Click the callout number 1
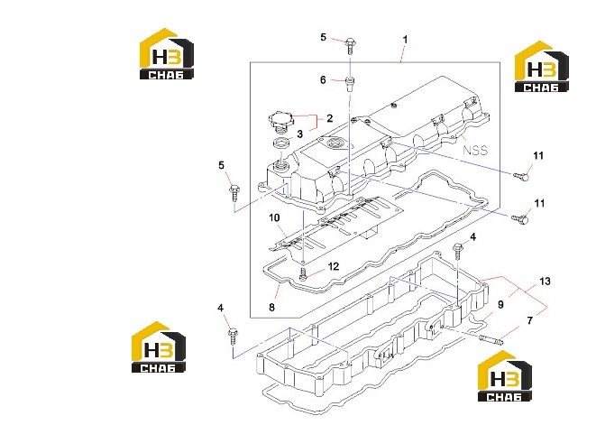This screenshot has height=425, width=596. pyautogui.click(x=405, y=40)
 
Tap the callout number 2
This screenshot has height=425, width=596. pyautogui.click(x=329, y=118)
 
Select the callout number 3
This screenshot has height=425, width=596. pyautogui.click(x=300, y=134)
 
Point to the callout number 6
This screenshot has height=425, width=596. pyautogui.click(x=323, y=80)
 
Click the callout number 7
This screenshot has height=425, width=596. pyautogui.click(x=530, y=320)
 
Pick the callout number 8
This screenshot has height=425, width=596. pyautogui.click(x=271, y=307)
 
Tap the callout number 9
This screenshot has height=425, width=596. pyautogui.click(x=500, y=304)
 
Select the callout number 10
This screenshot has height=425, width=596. pyautogui.click(x=274, y=217)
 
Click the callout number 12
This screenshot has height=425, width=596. pyautogui.click(x=334, y=266)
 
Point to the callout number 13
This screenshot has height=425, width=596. pyautogui.click(x=546, y=282)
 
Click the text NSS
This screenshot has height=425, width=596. pyautogui.click(x=475, y=150)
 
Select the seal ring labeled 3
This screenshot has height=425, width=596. pyautogui.click(x=282, y=145)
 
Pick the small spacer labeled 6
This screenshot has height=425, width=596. pyautogui.click(x=350, y=83)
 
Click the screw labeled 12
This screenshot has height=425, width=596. pyautogui.click(x=303, y=274)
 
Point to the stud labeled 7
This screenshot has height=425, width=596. pyautogui.click(x=491, y=339)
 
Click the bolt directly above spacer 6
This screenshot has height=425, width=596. pyautogui.click(x=351, y=46)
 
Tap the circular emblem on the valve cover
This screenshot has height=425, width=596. pyautogui.click(x=334, y=143)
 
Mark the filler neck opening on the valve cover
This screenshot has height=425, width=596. pyautogui.click(x=281, y=166)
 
